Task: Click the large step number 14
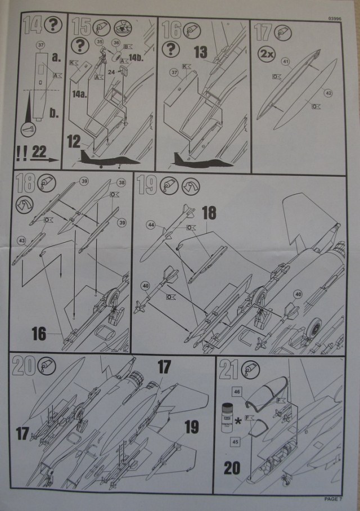pyautogui.click(x=33, y=26)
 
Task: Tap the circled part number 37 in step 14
pyautogui.click(x=40, y=44)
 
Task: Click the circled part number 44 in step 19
pyautogui.click(x=151, y=224)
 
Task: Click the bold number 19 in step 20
pyautogui.click(x=191, y=428)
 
